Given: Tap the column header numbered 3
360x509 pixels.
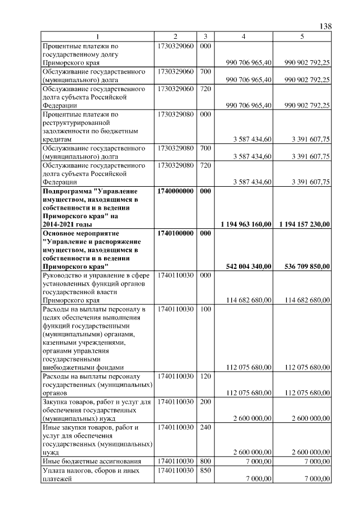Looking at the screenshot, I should (205, 37).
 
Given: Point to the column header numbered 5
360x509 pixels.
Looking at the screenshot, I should (302, 37).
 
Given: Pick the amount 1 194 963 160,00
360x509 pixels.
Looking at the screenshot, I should (245, 224).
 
